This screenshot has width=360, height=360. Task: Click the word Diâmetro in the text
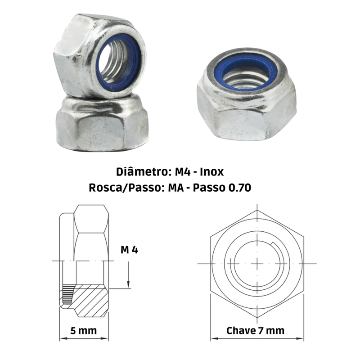click(x=142, y=172)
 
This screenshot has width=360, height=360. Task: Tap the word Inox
click(x=211, y=172)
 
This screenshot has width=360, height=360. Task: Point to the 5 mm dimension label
click(x=84, y=331)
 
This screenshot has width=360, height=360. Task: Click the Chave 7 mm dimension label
click(x=255, y=331)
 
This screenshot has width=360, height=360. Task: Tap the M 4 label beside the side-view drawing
click(x=129, y=250)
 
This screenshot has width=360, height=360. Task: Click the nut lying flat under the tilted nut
click(x=102, y=123)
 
